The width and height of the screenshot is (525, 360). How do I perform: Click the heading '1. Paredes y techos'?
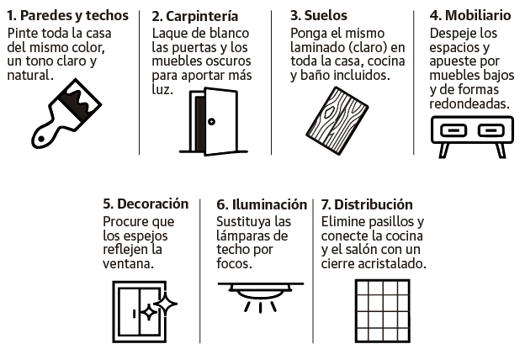(67, 15)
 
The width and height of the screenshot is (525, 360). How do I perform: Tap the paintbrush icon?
(66, 114)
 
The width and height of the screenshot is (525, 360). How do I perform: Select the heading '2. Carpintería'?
(195, 16)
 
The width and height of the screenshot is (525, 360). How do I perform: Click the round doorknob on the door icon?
(211, 122)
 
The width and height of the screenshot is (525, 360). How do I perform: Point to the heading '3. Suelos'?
(319, 15)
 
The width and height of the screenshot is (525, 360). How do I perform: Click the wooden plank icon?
(337, 121)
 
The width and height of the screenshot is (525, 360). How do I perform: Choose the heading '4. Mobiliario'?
(470, 15)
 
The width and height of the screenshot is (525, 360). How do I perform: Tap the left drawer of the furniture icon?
(453, 130)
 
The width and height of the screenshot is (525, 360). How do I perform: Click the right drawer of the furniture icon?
(491, 130)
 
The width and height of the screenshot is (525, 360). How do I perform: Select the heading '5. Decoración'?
(146, 204)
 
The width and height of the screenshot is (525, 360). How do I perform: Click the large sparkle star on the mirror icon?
(166, 304)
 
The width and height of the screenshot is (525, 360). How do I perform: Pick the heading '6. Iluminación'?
(262, 204)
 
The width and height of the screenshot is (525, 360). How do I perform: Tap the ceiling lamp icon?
(261, 297)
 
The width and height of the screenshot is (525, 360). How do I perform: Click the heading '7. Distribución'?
(367, 204)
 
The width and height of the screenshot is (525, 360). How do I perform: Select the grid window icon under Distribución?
(382, 311)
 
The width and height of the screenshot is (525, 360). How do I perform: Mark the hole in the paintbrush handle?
(41, 139)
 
